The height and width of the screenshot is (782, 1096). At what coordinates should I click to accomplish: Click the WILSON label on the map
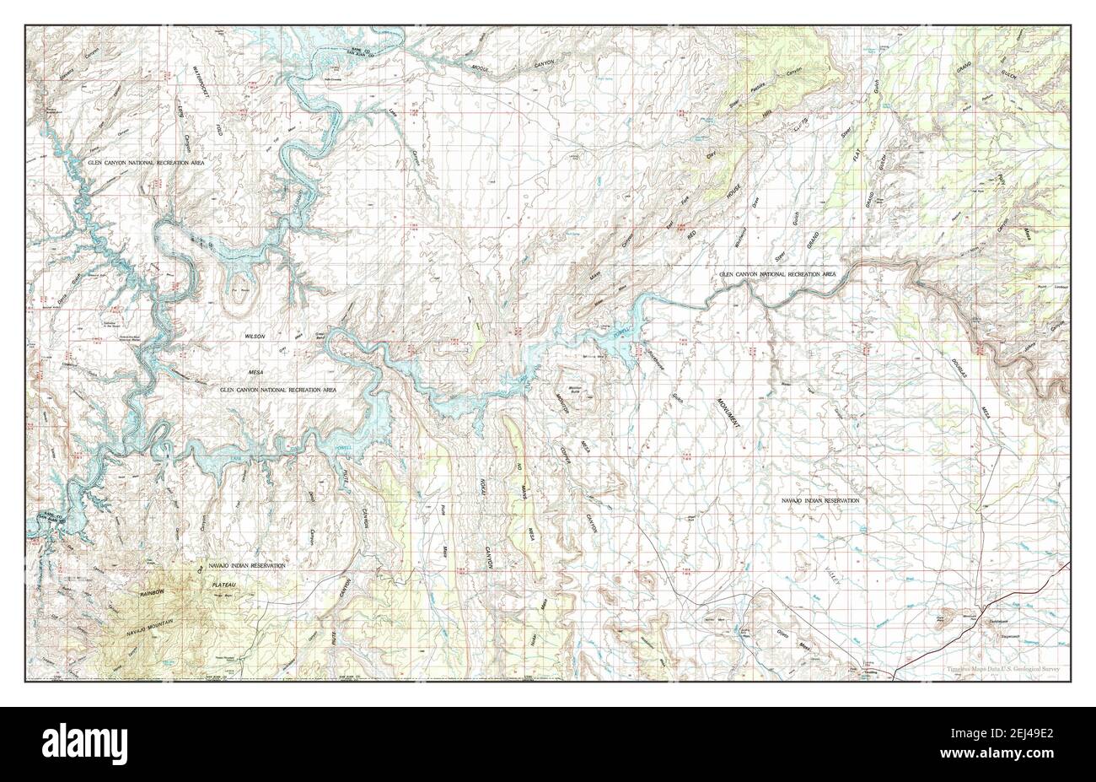[x=255, y=336]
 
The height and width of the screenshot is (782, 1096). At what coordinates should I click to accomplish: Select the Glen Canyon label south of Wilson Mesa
[x=278, y=390]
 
